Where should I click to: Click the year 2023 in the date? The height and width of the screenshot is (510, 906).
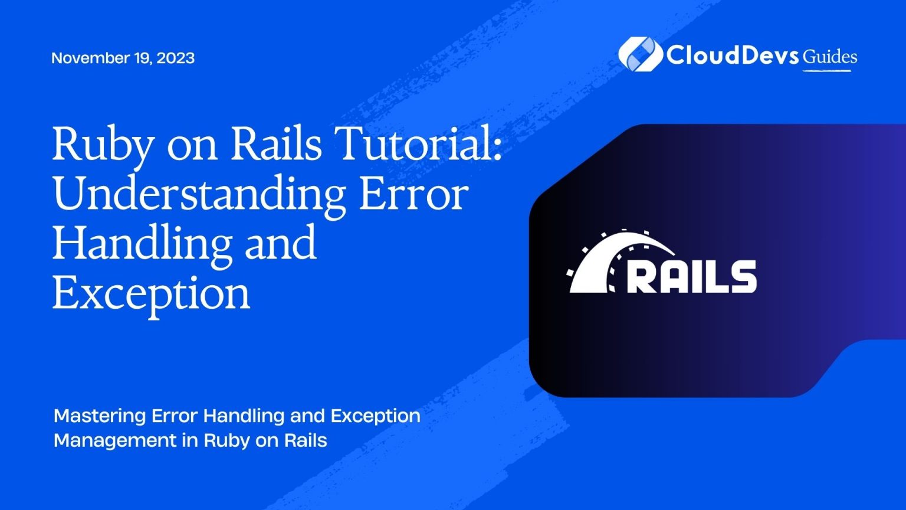coord(176,58)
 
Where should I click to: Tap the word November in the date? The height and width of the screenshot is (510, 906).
coord(84,58)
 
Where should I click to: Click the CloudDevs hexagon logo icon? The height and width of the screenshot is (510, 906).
coord(640,54)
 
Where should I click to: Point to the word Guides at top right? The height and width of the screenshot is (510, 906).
coord(829,57)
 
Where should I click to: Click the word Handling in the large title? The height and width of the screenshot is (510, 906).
coord(142,246)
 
